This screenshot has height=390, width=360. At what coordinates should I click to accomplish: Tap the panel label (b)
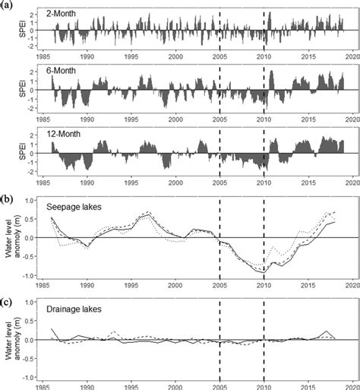(x=7, y=200)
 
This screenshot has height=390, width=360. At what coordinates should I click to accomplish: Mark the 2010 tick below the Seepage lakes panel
(x=264, y=284)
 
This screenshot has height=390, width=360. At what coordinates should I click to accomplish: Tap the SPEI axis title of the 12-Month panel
(x=11, y=152)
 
